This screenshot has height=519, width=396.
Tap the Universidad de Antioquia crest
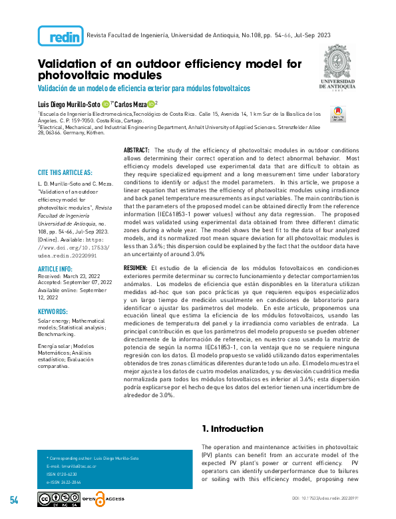341,66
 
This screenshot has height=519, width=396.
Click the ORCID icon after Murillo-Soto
106,104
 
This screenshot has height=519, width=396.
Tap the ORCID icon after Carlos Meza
150,104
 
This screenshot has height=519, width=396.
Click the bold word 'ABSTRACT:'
136,151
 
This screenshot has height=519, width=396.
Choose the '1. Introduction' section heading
232,429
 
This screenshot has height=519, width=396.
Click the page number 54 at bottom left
14,500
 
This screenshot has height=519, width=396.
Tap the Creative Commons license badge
59,499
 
